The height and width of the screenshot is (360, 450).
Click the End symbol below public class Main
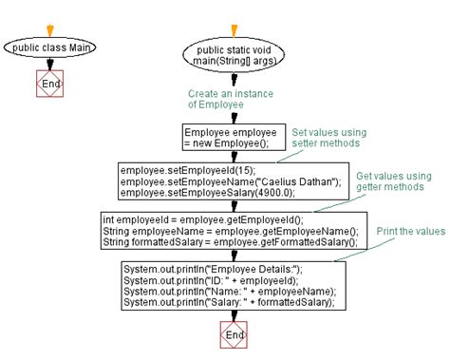click(x=48, y=85)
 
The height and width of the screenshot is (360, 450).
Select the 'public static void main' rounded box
click(x=233, y=55)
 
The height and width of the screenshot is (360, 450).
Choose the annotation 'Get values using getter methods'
click(x=392, y=182)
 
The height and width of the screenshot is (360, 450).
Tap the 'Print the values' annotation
click(x=409, y=231)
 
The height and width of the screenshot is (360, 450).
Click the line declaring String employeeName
click(x=230, y=231)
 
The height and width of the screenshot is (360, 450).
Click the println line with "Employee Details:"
click(x=213, y=270)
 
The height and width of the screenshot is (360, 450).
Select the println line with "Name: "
click(x=228, y=292)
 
